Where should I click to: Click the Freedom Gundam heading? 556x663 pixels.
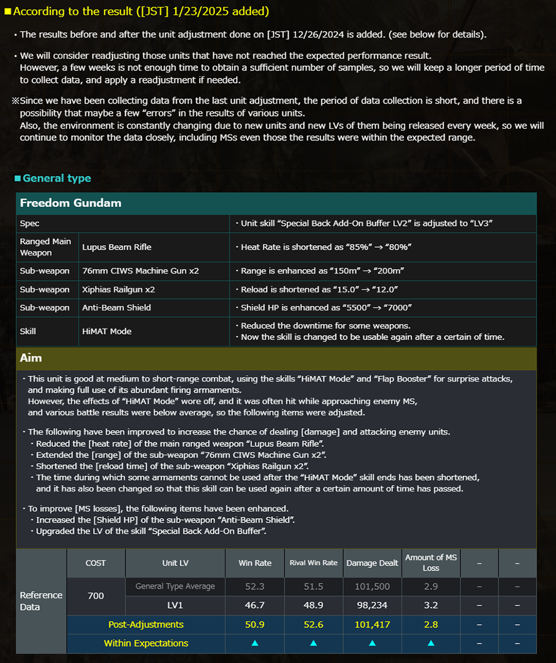(x=70, y=203)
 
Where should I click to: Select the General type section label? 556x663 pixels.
(x=57, y=179)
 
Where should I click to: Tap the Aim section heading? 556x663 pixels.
(x=31, y=358)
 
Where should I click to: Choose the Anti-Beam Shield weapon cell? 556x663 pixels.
(x=116, y=307)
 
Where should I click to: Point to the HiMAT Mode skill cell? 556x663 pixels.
(x=107, y=331)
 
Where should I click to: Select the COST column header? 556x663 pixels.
(x=96, y=563)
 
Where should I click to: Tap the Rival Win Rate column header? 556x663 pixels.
(x=313, y=563)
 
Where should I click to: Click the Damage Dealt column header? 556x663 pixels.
(x=372, y=563)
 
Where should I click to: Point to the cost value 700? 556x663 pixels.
(x=96, y=596)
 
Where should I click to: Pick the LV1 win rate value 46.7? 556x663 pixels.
(x=255, y=605)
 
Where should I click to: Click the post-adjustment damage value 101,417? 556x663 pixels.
(x=372, y=624)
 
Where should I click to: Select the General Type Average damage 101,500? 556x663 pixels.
(x=372, y=587)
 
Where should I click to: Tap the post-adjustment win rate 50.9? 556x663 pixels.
(x=255, y=624)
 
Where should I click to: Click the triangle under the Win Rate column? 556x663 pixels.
(x=255, y=643)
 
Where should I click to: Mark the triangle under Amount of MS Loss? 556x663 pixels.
(x=431, y=643)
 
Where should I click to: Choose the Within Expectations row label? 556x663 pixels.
(x=146, y=643)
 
